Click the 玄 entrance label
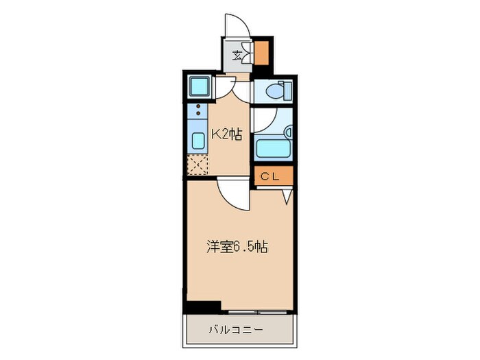click(x=237, y=56)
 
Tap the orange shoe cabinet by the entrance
click(x=261, y=53)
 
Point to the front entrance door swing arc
click(x=237, y=26)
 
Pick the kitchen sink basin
click(x=197, y=141)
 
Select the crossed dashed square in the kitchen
click(x=197, y=165)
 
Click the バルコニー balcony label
click(x=237, y=331)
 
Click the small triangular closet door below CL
click(x=287, y=195)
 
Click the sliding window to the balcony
click(x=257, y=311)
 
